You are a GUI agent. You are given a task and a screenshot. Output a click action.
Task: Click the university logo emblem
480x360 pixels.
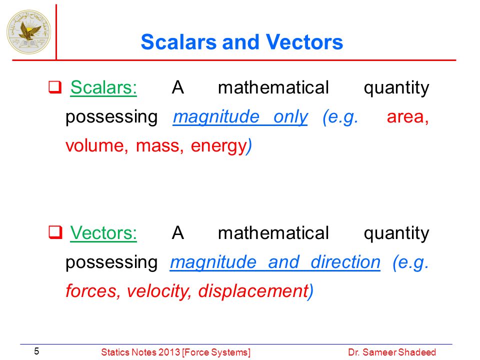(29, 31)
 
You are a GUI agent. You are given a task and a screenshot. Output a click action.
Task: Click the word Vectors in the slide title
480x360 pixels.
(304, 42)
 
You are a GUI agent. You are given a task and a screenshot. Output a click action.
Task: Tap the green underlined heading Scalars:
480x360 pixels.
(103, 87)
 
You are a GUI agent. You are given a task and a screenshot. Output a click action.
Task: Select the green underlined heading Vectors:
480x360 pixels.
(103, 233)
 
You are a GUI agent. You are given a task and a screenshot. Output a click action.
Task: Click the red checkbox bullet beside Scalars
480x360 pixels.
(55, 87)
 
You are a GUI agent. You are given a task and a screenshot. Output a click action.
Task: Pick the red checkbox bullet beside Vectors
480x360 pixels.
(55, 232)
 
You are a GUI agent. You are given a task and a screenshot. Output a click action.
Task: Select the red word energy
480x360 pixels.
(218, 147)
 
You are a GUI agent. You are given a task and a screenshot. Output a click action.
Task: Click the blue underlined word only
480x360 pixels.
(290, 117)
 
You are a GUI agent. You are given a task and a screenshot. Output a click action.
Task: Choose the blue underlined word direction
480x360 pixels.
(345, 262)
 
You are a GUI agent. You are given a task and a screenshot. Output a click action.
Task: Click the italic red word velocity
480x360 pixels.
(159, 291)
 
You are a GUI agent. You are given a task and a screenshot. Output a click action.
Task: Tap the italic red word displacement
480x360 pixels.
(253, 291)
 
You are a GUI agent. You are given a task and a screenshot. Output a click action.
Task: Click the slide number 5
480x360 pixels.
(36, 351)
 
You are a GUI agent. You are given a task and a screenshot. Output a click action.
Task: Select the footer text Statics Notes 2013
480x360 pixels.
(140, 352)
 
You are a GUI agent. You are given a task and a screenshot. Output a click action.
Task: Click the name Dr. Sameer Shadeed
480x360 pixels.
(392, 352)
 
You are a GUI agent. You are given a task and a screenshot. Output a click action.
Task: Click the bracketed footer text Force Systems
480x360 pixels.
(216, 352)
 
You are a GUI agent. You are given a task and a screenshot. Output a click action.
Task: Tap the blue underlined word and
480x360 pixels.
(283, 262)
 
